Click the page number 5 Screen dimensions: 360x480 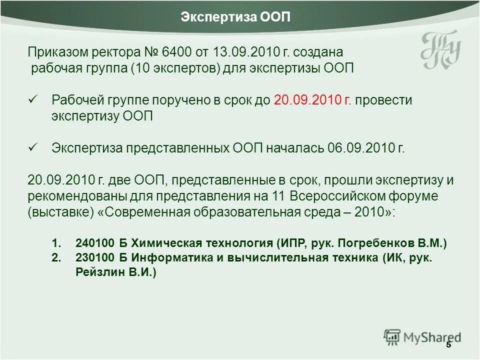(x=448, y=344)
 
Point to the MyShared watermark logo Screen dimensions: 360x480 (x=422, y=337)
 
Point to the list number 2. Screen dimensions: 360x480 (x=56, y=258)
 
